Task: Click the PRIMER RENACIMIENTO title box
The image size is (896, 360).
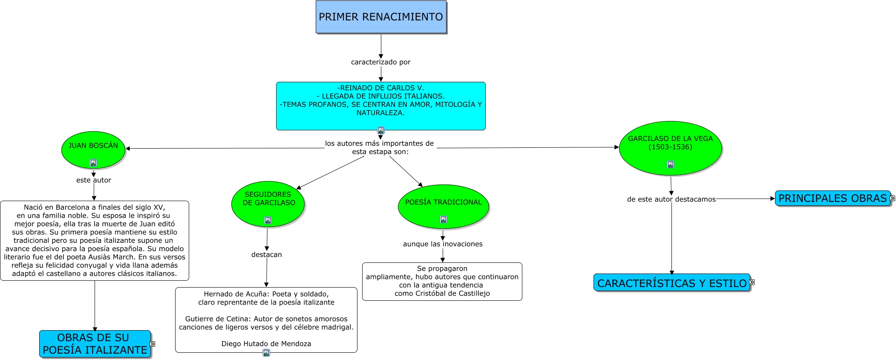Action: [381, 17]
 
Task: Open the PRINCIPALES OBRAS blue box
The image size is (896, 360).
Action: [832, 199]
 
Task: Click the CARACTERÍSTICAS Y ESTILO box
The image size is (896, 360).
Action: [671, 283]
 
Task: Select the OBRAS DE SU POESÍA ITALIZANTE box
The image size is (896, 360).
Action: [95, 344]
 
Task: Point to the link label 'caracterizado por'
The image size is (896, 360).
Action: [380, 62]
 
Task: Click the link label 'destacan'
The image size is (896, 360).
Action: [266, 255]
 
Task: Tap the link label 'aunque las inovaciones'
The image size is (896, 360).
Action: [443, 244]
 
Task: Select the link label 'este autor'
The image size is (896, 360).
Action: [94, 180]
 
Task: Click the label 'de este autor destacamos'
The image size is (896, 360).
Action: [671, 199]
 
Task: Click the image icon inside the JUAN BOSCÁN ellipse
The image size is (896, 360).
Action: [93, 163]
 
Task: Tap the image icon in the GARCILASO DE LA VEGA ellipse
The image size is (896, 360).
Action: [670, 164]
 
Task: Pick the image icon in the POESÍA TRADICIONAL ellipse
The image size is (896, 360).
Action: [443, 219]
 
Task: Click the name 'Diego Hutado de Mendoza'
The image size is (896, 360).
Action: [266, 344]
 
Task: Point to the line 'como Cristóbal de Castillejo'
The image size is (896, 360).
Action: [442, 294]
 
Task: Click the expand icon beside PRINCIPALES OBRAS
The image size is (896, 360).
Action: [893, 198]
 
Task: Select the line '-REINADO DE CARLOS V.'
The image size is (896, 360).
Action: [380, 88]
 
